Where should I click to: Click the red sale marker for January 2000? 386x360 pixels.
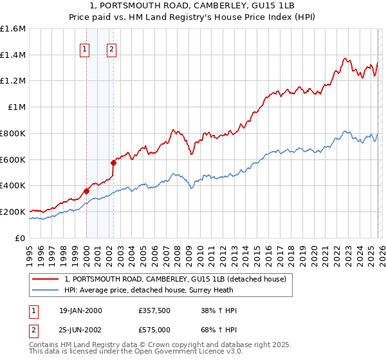click(86, 190)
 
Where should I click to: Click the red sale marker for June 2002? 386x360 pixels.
click(114, 162)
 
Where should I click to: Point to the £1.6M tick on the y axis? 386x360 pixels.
click(13, 29)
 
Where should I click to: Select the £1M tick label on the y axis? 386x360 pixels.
click(16, 107)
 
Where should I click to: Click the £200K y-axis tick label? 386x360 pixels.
click(13, 212)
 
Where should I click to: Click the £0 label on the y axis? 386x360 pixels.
click(21, 238)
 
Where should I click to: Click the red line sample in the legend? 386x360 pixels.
click(46, 278)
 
